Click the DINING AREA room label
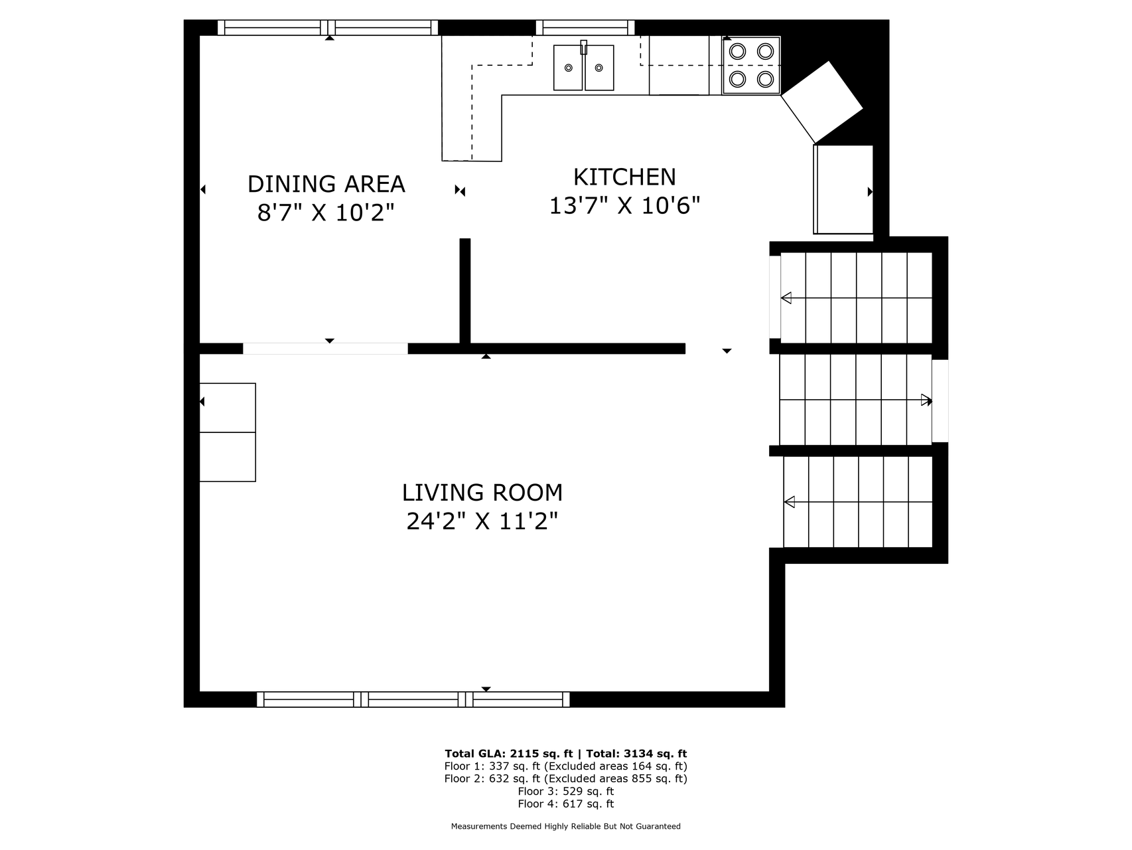(326, 184)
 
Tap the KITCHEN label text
(624, 177)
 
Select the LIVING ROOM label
(482, 493)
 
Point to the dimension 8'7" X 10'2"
(326, 212)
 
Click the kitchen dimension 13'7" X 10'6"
(624, 206)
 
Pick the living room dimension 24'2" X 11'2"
(482, 521)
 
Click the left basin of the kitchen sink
(568, 68)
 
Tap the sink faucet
(584, 47)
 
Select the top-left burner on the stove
(737, 51)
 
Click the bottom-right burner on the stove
(766, 80)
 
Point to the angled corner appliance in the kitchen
(822, 102)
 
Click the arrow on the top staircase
(857, 298)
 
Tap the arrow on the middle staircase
(856, 400)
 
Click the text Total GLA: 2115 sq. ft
(508, 754)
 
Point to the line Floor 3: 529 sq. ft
(566, 792)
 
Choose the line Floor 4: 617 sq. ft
(566, 804)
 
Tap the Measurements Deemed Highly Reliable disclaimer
(566, 827)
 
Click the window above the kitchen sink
(585, 27)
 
